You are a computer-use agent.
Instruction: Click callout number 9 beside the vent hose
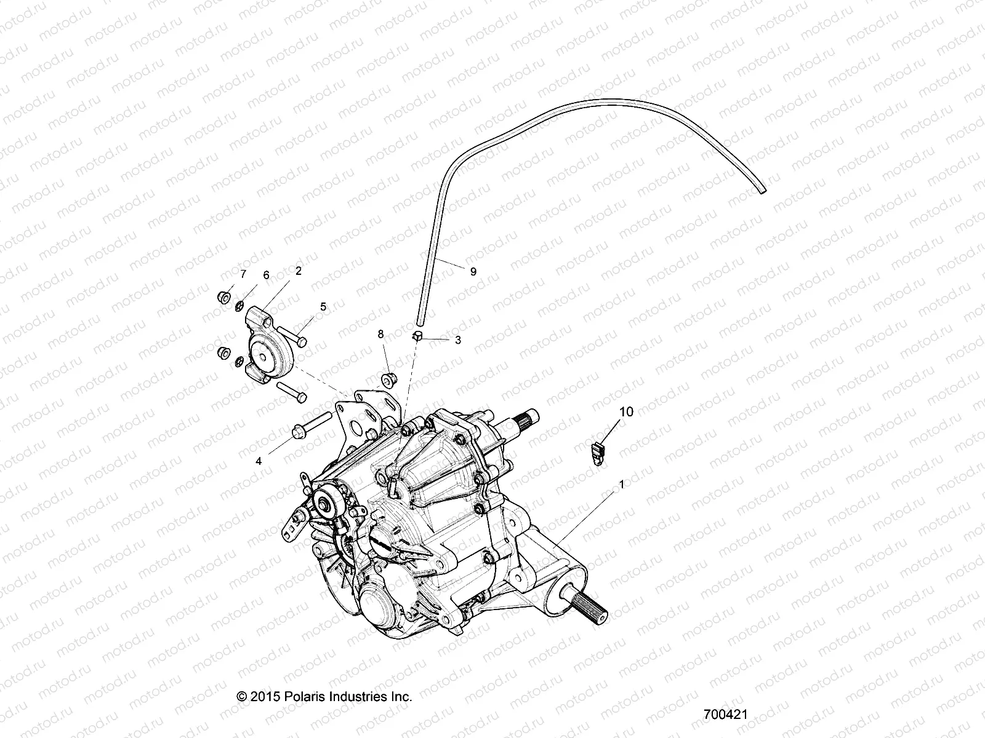[x=473, y=271]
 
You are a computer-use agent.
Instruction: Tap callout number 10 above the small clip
[x=625, y=412]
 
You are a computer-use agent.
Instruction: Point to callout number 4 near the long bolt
[x=259, y=461]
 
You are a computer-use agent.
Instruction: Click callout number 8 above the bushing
[x=380, y=334]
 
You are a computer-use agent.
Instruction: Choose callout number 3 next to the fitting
[x=457, y=339]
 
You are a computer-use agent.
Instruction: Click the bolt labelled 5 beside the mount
[x=293, y=335]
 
